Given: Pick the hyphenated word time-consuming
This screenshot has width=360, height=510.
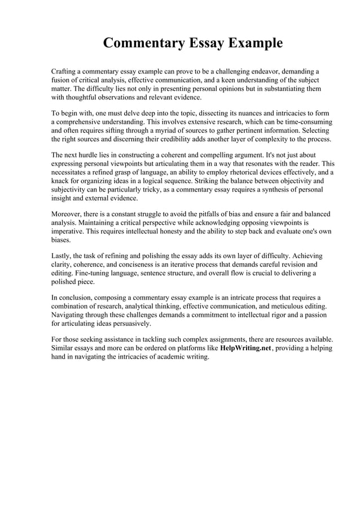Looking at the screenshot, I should (x=304, y=121).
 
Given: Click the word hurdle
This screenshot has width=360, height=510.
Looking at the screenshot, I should (x=89, y=155).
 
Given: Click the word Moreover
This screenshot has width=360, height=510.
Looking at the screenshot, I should (x=69, y=214).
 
